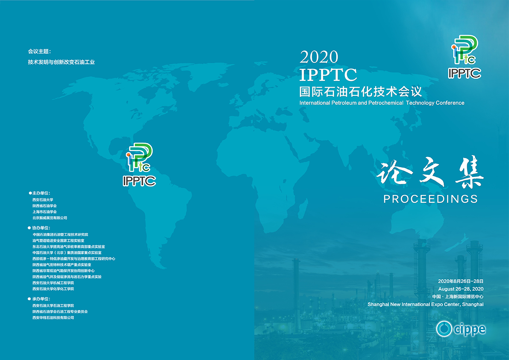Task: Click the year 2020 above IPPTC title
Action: (319, 57)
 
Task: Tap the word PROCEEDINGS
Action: (430, 199)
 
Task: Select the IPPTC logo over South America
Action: (139, 165)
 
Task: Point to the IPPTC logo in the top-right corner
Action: (465, 57)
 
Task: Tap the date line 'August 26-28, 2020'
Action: (461, 289)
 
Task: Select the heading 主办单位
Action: (41, 193)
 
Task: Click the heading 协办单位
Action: (41, 228)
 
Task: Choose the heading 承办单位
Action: (41, 299)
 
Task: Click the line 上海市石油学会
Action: (44, 212)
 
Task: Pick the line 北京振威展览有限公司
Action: (50, 218)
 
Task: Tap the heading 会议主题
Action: (39, 51)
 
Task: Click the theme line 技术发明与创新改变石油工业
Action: (62, 62)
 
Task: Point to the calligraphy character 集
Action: (469, 172)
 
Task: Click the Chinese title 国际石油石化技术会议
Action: (361, 91)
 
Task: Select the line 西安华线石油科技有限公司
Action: (53, 318)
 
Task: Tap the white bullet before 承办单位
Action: (29, 299)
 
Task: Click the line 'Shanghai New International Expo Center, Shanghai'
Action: (426, 304)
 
